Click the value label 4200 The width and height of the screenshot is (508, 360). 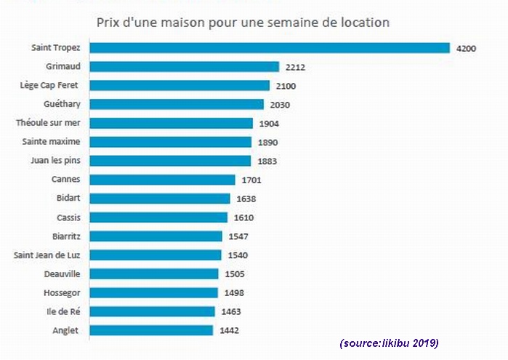click(x=466, y=48)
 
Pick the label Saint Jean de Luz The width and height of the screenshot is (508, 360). click(x=47, y=255)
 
